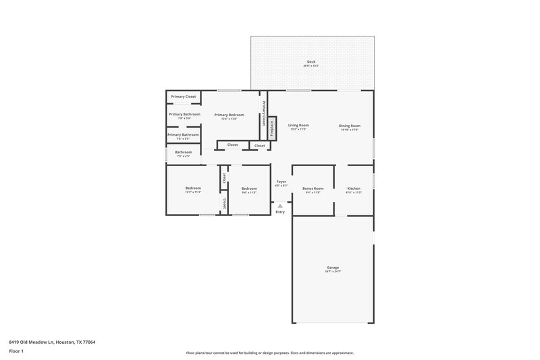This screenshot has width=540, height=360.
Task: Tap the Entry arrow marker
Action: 280,205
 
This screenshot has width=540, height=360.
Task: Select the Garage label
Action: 333,267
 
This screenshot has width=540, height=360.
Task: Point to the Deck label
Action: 310,62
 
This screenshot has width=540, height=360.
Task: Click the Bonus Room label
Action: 313,188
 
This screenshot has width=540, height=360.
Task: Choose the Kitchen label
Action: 354,188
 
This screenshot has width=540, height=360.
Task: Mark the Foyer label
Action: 281,181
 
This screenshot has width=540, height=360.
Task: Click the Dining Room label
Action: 350,126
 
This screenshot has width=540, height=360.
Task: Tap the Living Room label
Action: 298,126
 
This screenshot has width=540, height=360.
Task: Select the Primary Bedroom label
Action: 230,115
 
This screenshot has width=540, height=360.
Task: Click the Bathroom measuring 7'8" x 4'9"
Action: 184,153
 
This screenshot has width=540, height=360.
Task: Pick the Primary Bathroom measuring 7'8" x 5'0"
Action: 184,114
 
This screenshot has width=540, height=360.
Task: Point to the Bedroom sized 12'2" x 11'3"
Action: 193,188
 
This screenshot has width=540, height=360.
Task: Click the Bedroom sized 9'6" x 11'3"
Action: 249,188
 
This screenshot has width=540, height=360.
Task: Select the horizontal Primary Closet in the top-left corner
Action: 184,97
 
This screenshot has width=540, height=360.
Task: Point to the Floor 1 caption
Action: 17,352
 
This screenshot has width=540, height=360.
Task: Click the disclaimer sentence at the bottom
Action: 270,353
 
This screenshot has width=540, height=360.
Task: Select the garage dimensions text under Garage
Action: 333,272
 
